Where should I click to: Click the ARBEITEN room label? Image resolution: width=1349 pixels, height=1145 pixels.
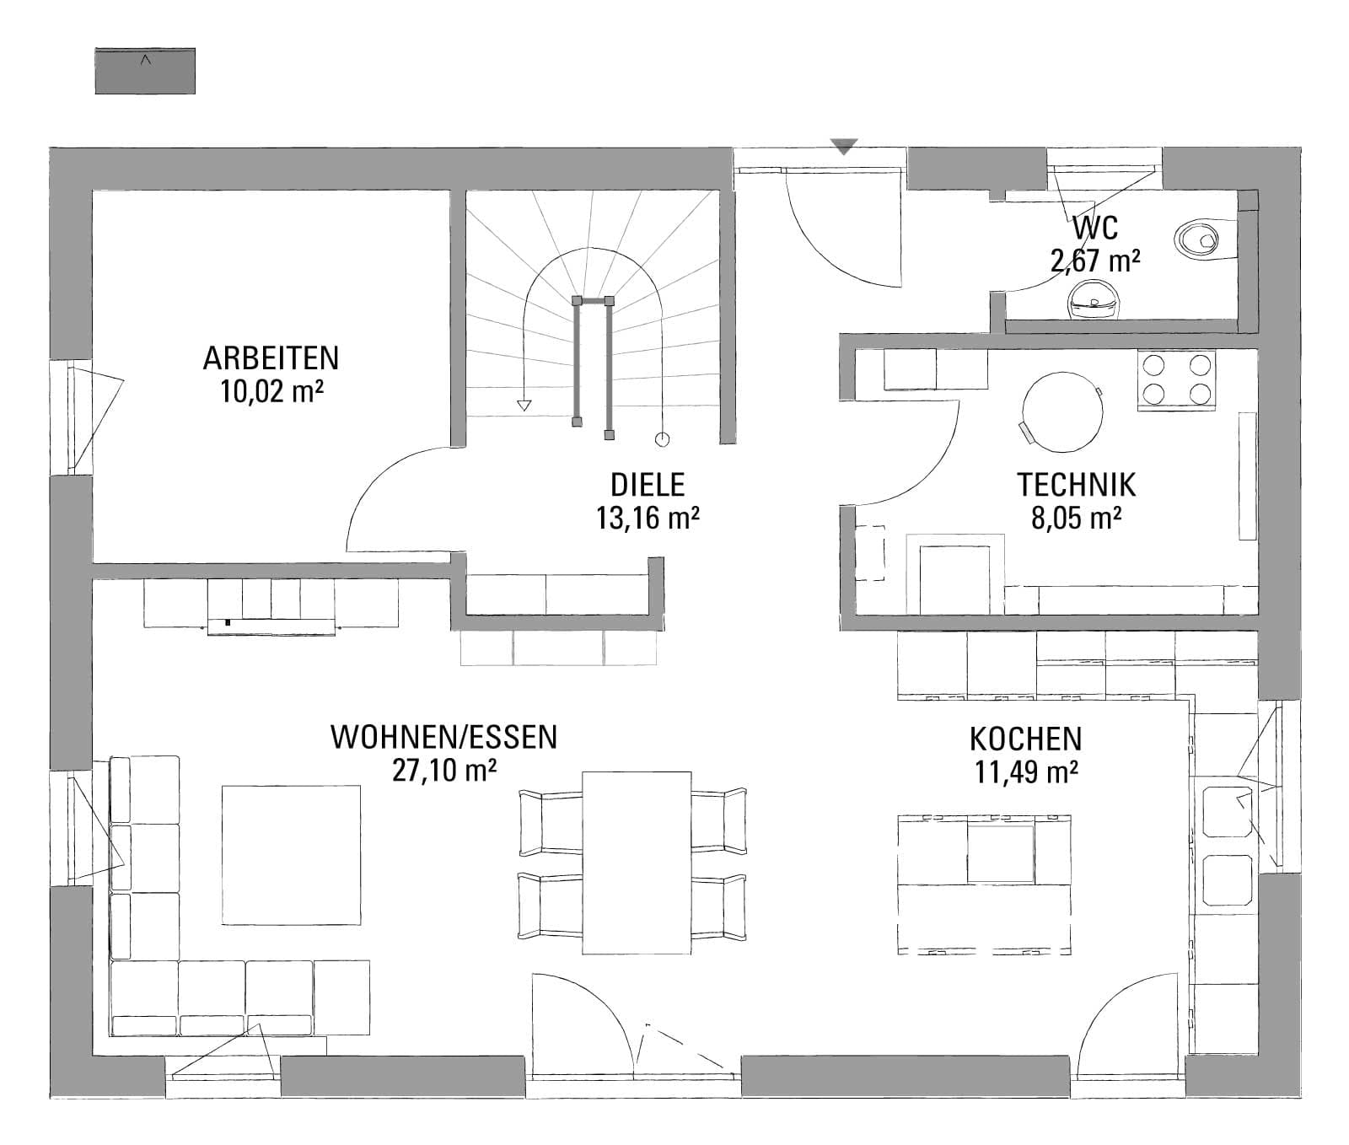[x=271, y=358]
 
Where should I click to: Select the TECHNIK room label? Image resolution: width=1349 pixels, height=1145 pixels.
[x=1076, y=486]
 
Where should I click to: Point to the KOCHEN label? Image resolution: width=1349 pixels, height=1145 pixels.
[x=1025, y=739]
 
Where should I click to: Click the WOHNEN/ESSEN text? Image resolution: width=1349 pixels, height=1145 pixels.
[x=443, y=737]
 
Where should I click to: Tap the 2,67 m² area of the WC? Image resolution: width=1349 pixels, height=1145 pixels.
[x=1095, y=261]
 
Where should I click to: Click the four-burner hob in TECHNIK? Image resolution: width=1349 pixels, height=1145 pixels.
[x=1176, y=379]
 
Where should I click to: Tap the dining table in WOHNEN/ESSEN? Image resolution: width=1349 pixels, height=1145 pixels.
[x=637, y=862]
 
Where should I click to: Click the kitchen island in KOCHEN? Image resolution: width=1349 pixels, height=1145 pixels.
[x=984, y=884]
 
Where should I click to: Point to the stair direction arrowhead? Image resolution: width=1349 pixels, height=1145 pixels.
[x=524, y=406]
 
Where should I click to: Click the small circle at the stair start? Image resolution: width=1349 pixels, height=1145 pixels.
[x=662, y=439]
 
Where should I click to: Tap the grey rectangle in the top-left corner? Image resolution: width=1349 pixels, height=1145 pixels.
[x=145, y=71]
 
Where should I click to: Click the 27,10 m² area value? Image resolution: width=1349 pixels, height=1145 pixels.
[x=443, y=771]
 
